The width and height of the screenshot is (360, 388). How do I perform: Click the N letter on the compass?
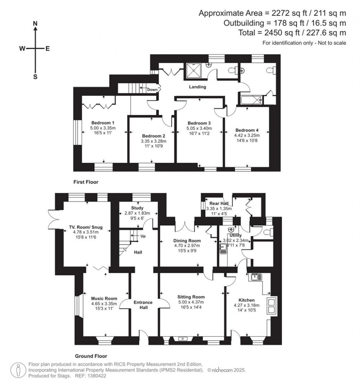click(35, 23)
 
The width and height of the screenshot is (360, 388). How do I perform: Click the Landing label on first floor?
click(197, 87)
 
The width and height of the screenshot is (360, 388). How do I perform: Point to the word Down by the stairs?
click(152, 89)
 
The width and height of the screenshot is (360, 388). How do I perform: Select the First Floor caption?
click(86, 182)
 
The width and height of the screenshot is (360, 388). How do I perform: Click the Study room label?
click(137, 208)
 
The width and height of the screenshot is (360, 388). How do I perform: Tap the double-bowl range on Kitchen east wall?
click(272, 305)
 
